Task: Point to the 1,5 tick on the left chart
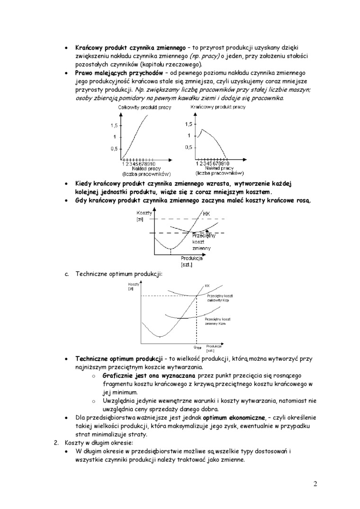(x=114, y=125)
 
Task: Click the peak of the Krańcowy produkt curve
(x=202, y=129)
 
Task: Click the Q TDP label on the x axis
(x=197, y=348)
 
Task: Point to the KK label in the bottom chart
(x=207, y=286)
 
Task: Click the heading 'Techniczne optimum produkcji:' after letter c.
(x=119, y=274)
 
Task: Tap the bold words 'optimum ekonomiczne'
(x=234, y=418)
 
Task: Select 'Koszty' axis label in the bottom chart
(x=131, y=284)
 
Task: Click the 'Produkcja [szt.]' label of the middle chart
(x=191, y=261)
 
